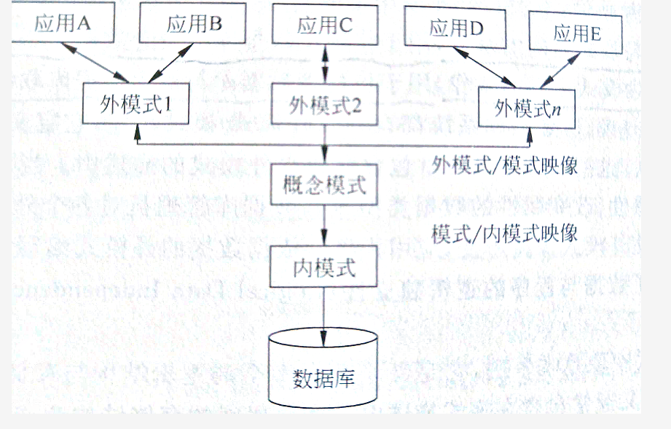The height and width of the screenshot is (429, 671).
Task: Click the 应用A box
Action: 62,23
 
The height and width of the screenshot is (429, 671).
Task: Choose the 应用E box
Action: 576,32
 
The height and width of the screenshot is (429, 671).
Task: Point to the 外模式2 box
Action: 325,104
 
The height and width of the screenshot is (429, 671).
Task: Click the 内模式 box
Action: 325,267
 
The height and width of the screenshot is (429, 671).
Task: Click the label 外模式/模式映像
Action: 504,165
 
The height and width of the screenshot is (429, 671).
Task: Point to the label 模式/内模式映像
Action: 504,233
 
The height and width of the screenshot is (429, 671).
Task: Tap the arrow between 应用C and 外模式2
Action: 325,64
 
